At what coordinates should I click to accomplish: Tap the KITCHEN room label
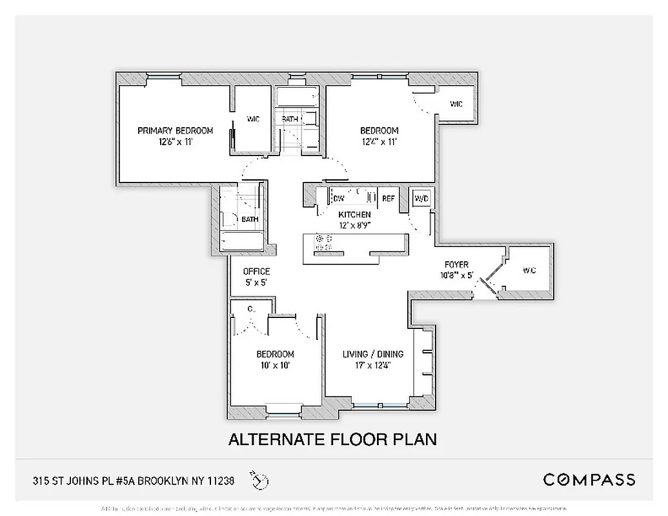click(x=354, y=214)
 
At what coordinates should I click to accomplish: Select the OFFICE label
click(x=256, y=272)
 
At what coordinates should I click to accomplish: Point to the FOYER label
click(x=456, y=265)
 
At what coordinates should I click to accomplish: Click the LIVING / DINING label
click(x=372, y=354)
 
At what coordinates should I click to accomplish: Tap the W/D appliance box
click(x=421, y=198)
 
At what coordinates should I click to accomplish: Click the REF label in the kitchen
click(x=388, y=199)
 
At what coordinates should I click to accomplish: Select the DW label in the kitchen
click(x=339, y=199)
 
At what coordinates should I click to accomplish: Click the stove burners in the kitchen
click(x=323, y=242)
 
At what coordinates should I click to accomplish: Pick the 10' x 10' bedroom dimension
click(x=275, y=365)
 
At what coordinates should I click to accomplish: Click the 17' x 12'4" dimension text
click(x=372, y=365)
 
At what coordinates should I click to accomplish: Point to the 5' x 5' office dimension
click(x=256, y=283)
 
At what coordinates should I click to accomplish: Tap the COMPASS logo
click(x=589, y=479)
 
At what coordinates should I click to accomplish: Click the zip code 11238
click(x=218, y=480)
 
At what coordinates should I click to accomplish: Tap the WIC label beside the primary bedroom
click(x=253, y=119)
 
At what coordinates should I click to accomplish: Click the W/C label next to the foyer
click(x=529, y=271)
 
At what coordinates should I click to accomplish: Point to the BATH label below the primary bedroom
click(x=250, y=219)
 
